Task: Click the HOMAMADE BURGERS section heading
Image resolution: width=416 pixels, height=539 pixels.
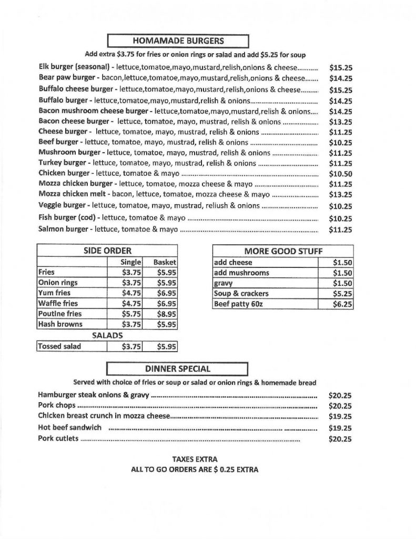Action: tap(177, 40)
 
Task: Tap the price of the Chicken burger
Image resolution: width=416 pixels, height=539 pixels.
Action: tap(340, 174)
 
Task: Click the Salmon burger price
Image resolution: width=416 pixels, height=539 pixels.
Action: tap(340, 229)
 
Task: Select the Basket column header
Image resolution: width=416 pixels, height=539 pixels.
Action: tap(165, 262)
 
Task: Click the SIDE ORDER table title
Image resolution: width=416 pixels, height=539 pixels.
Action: tap(107, 251)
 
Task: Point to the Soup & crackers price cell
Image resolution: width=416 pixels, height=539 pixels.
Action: tap(342, 294)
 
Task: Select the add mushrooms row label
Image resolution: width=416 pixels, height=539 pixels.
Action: tap(241, 273)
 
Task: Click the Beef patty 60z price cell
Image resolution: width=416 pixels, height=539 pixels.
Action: tap(342, 304)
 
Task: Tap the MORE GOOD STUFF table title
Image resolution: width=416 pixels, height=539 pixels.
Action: tap(283, 251)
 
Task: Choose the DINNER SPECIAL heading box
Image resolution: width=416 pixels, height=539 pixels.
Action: tap(177, 369)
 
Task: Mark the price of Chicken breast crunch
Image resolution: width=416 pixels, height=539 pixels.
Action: tap(340, 416)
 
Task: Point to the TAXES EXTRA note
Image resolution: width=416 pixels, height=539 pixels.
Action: tap(195, 459)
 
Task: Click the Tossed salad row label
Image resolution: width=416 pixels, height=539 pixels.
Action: tap(59, 346)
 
